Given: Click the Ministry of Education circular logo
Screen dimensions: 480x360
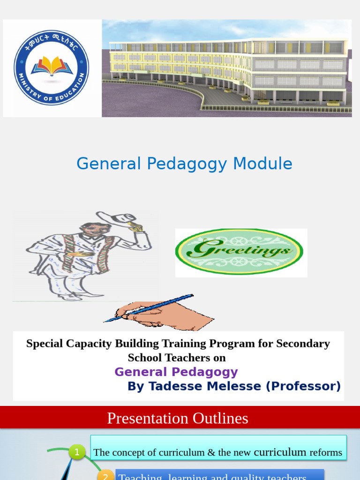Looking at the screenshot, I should [x=51, y=67].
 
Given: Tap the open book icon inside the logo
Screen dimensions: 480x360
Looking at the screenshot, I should [x=52, y=65].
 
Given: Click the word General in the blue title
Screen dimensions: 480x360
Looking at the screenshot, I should [x=109, y=164].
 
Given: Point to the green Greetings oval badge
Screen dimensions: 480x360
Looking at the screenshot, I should [x=239, y=252].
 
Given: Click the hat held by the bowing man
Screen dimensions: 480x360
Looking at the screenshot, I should [x=117, y=218].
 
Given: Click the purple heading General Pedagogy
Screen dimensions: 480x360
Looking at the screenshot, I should [x=176, y=372].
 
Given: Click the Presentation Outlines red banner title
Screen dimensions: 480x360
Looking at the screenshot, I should [x=178, y=418].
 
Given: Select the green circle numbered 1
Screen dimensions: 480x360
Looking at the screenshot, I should [x=76, y=452].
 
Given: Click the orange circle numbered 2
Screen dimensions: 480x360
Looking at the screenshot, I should [x=105, y=475].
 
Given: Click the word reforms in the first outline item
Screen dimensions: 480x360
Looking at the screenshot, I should [x=325, y=452].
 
